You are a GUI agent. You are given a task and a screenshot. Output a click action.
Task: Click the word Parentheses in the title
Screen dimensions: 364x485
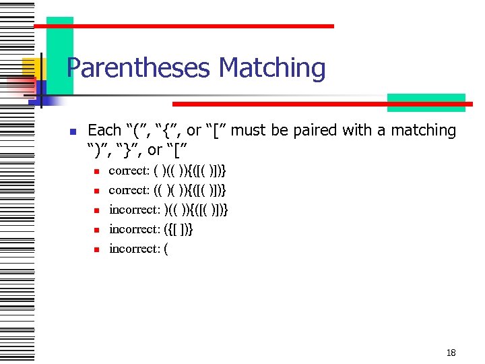(139, 69)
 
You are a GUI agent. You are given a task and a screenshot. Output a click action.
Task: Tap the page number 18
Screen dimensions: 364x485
(451, 353)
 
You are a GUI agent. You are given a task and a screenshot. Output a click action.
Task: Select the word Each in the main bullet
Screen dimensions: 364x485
(104, 130)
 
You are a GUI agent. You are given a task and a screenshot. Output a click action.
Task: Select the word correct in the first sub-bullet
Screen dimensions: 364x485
(128, 171)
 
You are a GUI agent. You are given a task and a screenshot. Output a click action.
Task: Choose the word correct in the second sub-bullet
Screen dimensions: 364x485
(128, 191)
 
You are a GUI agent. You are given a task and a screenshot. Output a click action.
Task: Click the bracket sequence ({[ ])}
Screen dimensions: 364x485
(179, 229)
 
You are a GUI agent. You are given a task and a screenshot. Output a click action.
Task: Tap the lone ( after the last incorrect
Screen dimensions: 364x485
(166, 249)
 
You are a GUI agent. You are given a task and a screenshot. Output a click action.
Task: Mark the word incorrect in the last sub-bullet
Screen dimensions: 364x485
(134, 249)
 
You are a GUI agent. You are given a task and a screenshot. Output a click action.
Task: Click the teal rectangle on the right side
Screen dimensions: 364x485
(426, 101)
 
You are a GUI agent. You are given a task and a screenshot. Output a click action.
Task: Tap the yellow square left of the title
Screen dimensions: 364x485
(30, 67)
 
